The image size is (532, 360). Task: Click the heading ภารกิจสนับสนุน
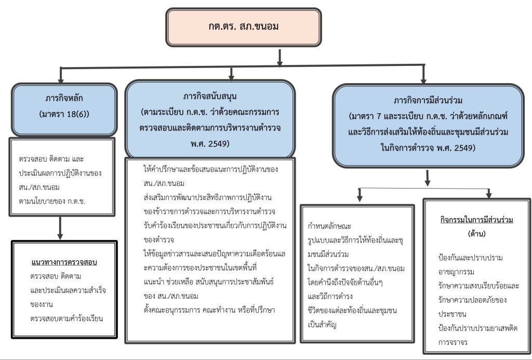click(x=210, y=97)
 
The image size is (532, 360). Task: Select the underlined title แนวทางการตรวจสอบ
click(x=64, y=261)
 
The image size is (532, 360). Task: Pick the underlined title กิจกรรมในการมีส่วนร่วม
click(x=476, y=220)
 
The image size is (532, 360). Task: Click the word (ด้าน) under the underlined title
click(x=476, y=234)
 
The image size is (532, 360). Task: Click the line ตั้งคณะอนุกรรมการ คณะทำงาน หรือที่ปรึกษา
click(x=209, y=310)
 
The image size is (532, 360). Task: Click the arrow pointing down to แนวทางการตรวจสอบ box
click(x=61, y=226)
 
